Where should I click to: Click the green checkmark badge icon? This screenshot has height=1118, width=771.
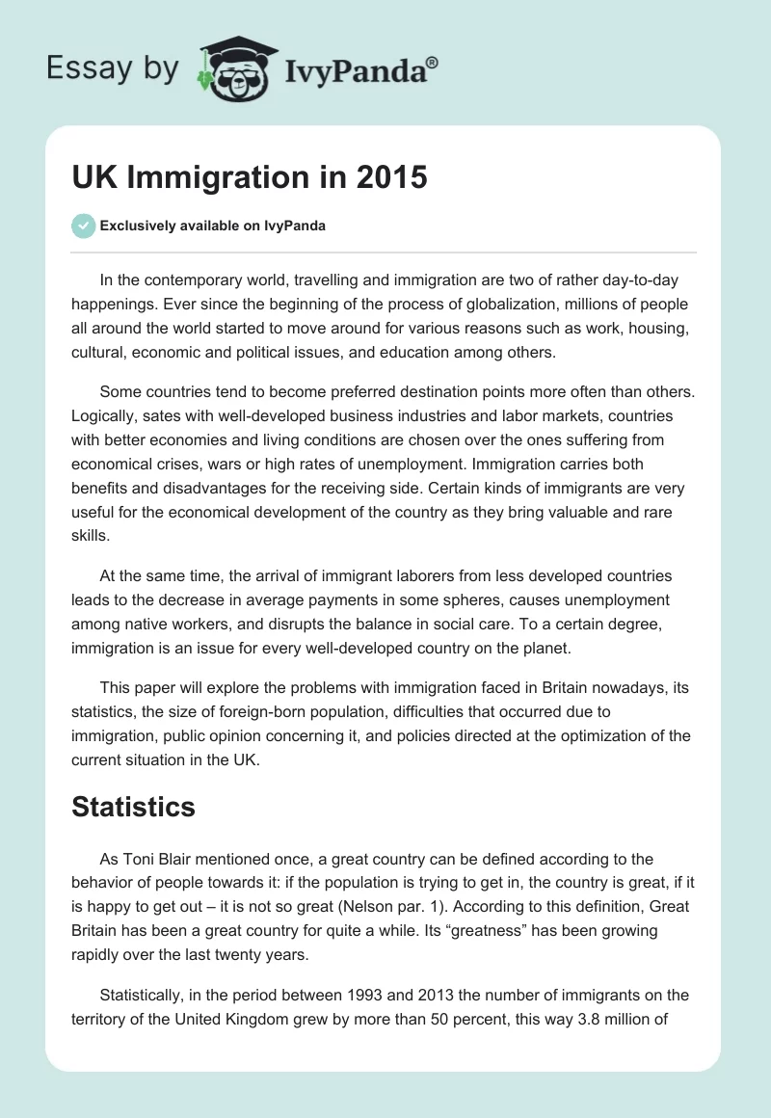pyautogui.click(x=83, y=226)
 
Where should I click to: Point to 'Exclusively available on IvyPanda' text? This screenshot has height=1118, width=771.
pyautogui.click(x=213, y=226)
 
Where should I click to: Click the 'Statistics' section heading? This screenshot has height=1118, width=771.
pyautogui.click(x=133, y=807)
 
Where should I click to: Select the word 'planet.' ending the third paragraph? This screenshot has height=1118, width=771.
pyautogui.click(x=542, y=649)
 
